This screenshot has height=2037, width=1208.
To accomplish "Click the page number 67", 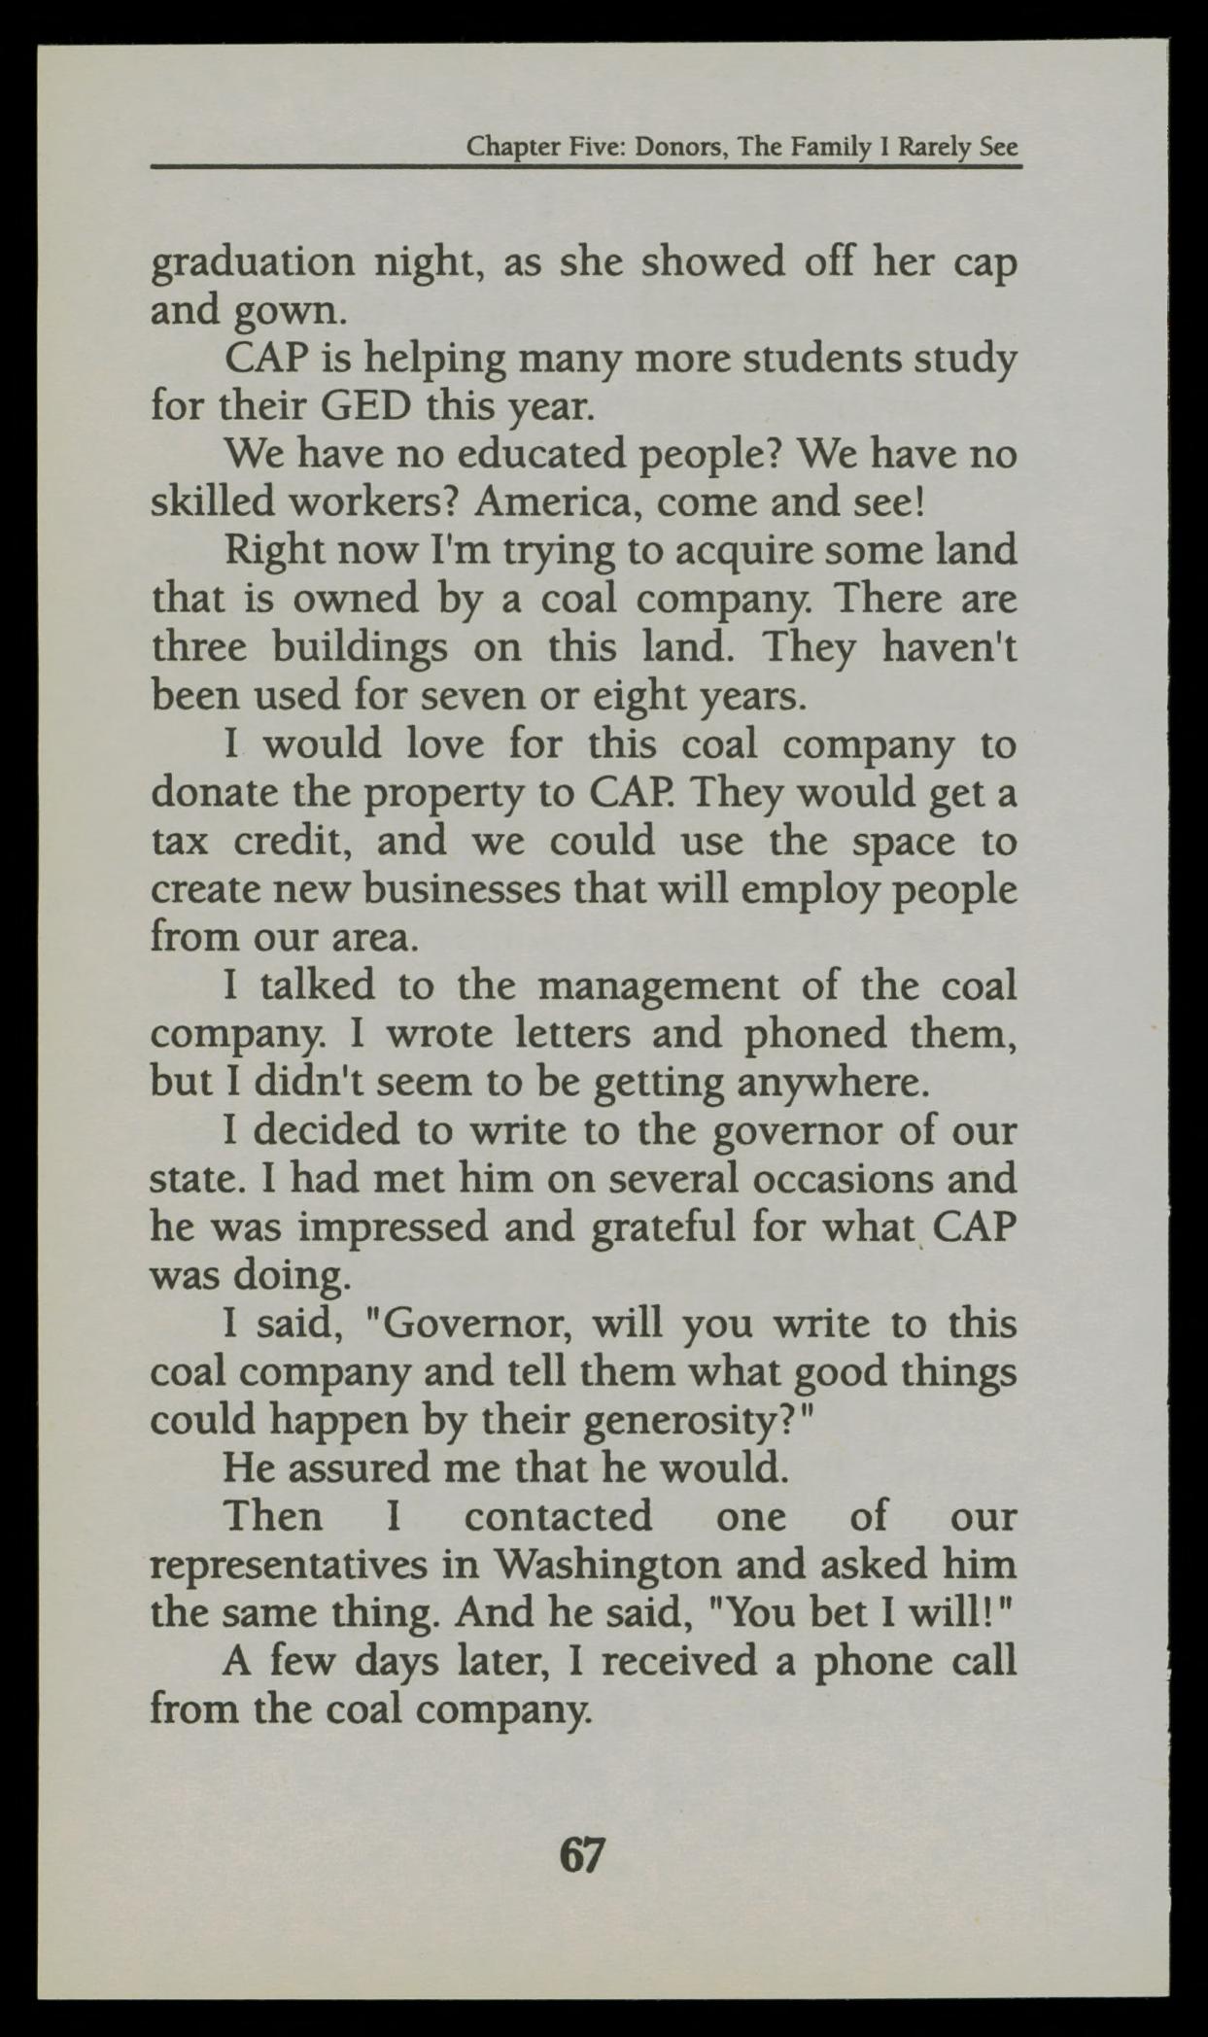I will [581, 1856].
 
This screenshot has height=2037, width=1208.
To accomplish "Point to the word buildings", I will [360, 648].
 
